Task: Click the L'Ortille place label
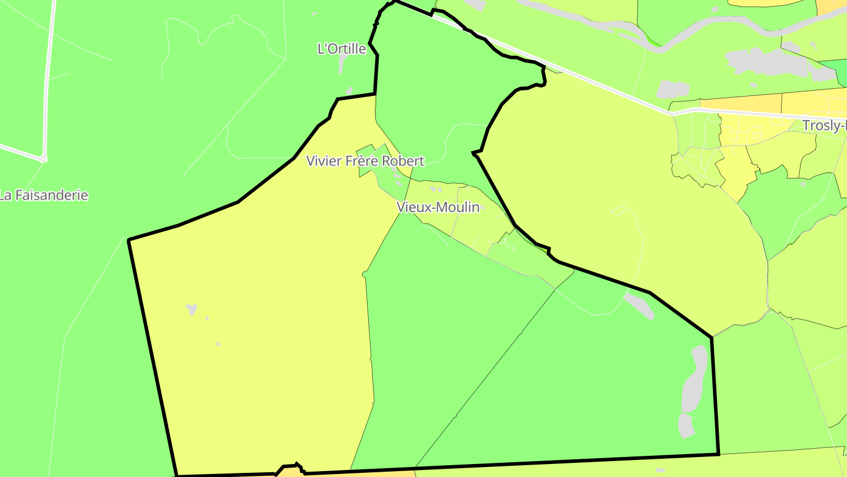pos(341,49)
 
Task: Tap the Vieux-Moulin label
pos(438,207)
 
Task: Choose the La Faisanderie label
pos(44,196)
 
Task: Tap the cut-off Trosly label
pos(824,125)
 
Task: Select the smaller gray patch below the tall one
pos(686,426)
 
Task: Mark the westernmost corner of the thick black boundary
pos(129,240)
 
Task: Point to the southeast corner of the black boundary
pos(718,454)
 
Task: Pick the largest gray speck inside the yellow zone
pos(191,309)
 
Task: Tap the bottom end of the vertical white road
pos(44,158)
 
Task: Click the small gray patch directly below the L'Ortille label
pos(342,64)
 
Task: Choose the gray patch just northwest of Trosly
pos(672,89)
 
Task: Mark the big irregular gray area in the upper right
pos(765,62)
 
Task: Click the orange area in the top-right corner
pos(832,6)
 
